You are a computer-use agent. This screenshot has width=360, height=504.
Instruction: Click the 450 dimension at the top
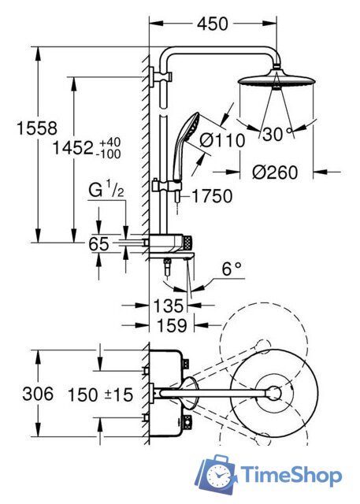click(x=213, y=24)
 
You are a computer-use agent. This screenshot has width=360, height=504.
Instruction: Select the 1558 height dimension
click(x=37, y=128)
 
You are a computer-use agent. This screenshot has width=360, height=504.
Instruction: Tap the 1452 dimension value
click(x=72, y=148)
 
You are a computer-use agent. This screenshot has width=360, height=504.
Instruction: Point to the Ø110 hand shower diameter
click(x=222, y=140)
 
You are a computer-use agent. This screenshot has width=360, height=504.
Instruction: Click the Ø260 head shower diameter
click(x=275, y=172)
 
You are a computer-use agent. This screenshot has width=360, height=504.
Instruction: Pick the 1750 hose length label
click(x=212, y=196)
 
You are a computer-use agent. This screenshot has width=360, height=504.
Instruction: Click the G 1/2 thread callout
click(x=106, y=189)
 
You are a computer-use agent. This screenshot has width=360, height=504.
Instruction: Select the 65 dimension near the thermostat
click(x=98, y=244)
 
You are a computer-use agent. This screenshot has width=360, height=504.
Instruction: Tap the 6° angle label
click(x=232, y=269)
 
